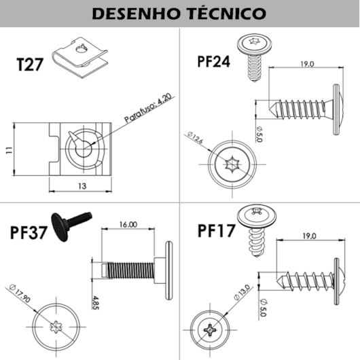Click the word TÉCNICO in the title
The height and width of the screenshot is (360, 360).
(x=227, y=14)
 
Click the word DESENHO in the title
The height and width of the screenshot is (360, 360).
(x=132, y=14)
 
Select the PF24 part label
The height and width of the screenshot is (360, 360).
(x=213, y=61)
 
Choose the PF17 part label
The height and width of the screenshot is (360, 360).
(x=216, y=230)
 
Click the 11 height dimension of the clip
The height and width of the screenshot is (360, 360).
(x=8, y=150)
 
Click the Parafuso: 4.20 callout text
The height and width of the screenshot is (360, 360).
(x=148, y=111)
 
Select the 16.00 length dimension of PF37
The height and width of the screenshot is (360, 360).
(x=128, y=223)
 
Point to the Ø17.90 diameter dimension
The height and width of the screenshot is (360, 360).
(x=20, y=295)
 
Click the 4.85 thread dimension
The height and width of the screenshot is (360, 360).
(x=96, y=301)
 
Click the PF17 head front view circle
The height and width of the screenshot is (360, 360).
(x=212, y=331)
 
